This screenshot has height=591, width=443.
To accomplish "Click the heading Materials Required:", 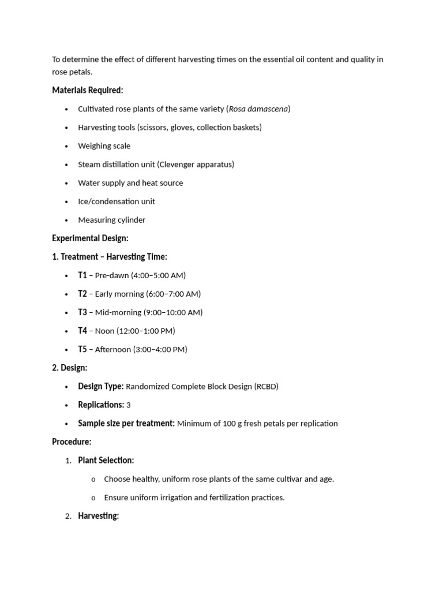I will coord(88,90).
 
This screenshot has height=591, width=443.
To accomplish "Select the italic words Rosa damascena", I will coord(258,109).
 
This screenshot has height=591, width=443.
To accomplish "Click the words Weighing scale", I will coord(104,145).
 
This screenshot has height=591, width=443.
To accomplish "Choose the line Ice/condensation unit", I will coord(117,201).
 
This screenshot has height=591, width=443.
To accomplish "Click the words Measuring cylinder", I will coord(112,219).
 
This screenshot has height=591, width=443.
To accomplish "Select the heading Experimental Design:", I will coord(90,238).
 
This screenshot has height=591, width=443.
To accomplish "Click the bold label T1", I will coord(82,275).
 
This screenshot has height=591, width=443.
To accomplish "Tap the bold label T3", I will coord(82,312).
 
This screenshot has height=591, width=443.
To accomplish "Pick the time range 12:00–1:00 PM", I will coord(146,331).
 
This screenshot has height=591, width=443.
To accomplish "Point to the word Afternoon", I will coord(112,349).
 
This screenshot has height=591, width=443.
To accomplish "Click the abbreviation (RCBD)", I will coord(266,386).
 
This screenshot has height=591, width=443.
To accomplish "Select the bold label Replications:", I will coord(101,405).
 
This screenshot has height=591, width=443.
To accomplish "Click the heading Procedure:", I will coord(72,442).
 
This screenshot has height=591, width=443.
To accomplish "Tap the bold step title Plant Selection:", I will coord(106,460).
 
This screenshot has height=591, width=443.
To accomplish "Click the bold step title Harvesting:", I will coord(99,515).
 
